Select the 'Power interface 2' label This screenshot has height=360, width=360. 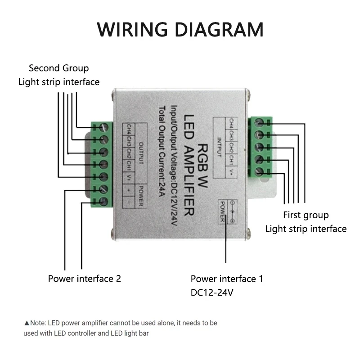[85, 279]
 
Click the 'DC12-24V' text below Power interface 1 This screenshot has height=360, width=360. [212, 293]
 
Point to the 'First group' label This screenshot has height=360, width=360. [306, 215]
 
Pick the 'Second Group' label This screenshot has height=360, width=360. [58, 68]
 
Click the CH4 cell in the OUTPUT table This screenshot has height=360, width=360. [129, 129]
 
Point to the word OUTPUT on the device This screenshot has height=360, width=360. [140, 153]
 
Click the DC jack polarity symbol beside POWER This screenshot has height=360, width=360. [232, 211]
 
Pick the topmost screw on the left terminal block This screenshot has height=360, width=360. [103, 127]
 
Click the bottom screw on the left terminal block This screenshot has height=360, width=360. [103, 202]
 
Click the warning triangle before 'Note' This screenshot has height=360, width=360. [27, 323]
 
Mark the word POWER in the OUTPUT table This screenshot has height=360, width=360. [140, 197]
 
